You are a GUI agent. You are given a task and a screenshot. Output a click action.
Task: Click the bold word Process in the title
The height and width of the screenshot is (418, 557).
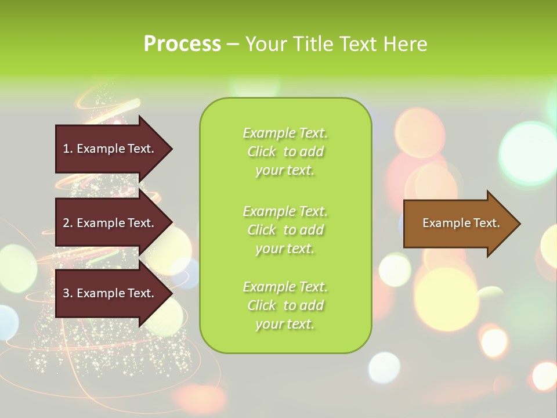click(x=182, y=44)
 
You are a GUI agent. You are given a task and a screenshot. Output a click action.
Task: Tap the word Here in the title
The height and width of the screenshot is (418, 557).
click(x=404, y=44)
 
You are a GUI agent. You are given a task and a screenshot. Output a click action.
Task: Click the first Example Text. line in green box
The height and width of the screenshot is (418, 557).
click(x=285, y=133)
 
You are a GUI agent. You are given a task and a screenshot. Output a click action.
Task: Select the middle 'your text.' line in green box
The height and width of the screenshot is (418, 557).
click(x=285, y=248)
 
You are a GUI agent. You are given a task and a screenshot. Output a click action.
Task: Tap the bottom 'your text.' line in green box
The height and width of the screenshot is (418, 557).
click(x=285, y=324)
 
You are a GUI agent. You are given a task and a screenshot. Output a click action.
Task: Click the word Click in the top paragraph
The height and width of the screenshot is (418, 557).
click(x=262, y=152)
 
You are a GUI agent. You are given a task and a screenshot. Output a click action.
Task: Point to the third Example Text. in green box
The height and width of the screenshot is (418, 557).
click(x=285, y=287)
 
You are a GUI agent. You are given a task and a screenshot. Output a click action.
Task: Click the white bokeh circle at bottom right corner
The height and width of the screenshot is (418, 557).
click(x=544, y=375)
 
